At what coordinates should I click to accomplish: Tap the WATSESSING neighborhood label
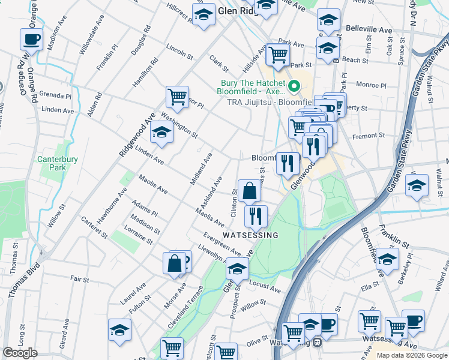click(x=251, y=235)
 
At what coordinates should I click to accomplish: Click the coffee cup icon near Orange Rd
click(x=31, y=40)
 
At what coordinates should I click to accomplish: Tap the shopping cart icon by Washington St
click(x=177, y=97)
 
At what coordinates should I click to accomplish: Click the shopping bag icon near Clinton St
click(x=249, y=191)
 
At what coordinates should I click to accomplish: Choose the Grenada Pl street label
click(x=58, y=95)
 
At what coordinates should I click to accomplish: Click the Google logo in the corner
click(x=20, y=353)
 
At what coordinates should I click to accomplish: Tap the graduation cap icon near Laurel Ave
click(x=119, y=329)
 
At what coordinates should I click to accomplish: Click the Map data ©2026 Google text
click(x=411, y=355)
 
